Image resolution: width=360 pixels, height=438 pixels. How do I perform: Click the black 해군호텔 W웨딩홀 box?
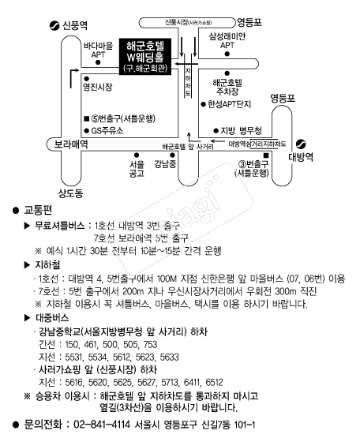(145, 56)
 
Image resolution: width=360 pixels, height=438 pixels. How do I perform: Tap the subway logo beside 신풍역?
(54, 26)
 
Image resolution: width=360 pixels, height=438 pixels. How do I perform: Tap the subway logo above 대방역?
(301, 144)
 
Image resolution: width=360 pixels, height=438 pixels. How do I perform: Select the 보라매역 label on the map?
(71, 144)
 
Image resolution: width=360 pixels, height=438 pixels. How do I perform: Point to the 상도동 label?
(70, 193)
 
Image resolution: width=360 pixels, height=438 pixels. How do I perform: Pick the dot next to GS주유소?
(87, 130)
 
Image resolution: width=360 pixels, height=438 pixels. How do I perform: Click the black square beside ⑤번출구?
(87, 118)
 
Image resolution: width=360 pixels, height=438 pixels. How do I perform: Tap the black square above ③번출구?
(266, 155)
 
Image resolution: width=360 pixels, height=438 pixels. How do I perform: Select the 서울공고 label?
(137, 169)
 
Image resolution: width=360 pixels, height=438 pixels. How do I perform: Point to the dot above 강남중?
(172, 155)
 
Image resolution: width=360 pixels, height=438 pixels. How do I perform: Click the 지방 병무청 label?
(242, 130)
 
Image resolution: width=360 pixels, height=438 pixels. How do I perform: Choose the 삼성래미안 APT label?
(227, 40)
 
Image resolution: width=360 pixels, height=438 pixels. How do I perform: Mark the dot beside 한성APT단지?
(203, 104)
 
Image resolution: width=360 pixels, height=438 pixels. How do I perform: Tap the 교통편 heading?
(38, 210)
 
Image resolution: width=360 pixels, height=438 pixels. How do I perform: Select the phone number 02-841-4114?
(102, 425)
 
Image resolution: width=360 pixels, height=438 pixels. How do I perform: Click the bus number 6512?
(215, 382)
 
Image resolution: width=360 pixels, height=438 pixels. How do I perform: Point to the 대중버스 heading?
(52, 317)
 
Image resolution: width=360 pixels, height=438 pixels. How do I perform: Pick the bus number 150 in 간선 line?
(72, 344)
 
